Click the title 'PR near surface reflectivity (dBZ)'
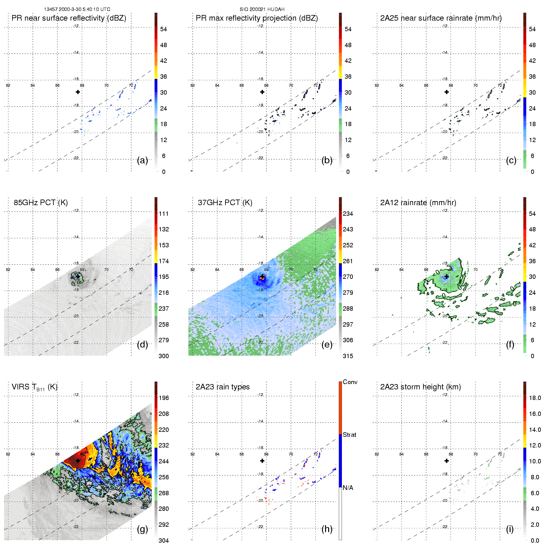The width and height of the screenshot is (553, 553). point(69,18)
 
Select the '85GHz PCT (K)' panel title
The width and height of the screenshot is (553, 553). point(41,203)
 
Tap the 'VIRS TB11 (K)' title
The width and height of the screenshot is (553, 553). point(34,387)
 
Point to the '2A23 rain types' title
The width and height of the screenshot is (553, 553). point(223,387)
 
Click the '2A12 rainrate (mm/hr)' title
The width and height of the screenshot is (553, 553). point(418,203)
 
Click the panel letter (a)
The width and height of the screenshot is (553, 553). point(142,160)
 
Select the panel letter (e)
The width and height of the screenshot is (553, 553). point(327,345)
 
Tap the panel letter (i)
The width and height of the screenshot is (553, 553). point(510,529)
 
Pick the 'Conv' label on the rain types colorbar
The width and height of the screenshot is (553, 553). point(350,382)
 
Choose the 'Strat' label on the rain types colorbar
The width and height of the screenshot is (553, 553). point(349,435)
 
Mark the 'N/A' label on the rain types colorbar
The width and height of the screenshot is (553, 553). point(348,488)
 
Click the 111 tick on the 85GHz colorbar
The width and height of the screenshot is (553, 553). point(164,214)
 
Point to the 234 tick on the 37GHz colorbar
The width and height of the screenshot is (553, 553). point(348,214)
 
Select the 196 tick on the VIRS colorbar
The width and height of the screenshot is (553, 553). point(164,398)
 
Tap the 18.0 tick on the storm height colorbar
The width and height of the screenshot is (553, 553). point(535,398)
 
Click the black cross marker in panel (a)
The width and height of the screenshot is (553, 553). point(78,92)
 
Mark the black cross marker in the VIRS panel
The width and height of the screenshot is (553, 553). point(78,461)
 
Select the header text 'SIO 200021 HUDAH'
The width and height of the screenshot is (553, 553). point(262,9)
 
